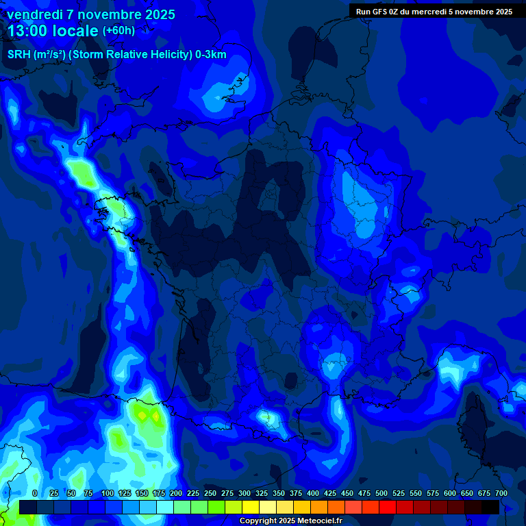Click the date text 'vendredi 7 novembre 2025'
[91, 14]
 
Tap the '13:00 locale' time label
[53, 31]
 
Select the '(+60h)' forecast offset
[118, 31]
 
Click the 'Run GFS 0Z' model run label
[377, 12]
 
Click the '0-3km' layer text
[210, 55]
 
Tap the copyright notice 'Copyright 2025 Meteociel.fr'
[290, 521]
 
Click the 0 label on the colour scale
[35, 493]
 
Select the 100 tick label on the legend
[108, 493]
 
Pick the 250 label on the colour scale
[210, 493]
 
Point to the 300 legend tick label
[245, 493]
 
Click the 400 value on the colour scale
[313, 493]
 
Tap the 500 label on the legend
[381, 493]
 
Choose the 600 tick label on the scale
[450, 493]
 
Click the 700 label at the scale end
[501, 493]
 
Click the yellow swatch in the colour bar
[251, 507]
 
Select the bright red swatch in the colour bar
[388, 507]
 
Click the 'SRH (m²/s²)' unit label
[36, 55]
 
